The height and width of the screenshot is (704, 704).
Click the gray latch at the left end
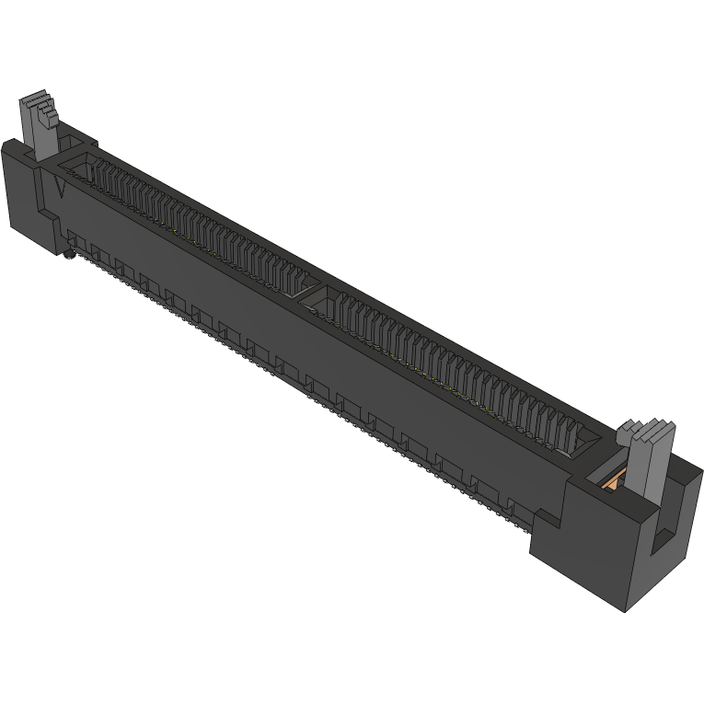click(x=40, y=129)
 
